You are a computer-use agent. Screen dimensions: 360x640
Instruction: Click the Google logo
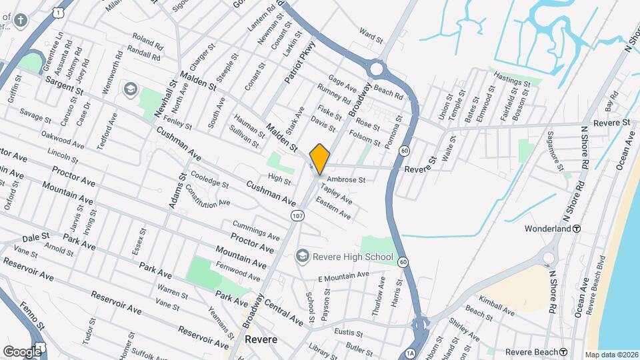point(21,351)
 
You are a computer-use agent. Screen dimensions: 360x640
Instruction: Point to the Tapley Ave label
point(337,195)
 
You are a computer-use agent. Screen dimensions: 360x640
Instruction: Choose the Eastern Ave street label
point(333,208)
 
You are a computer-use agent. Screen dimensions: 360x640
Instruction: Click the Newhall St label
point(164,99)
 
